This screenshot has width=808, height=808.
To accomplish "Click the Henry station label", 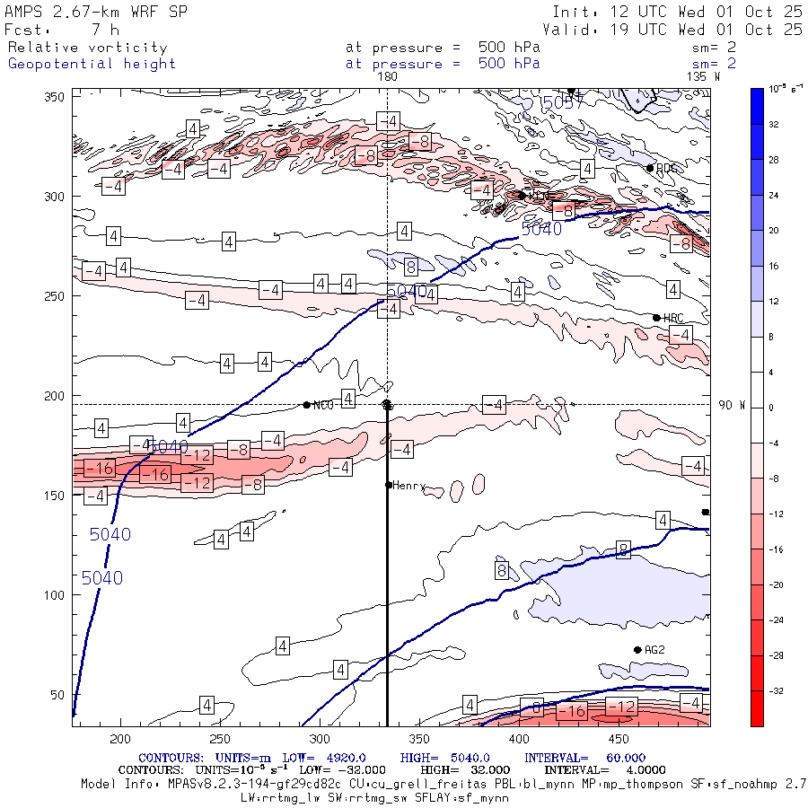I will pyautogui.click(x=408, y=486).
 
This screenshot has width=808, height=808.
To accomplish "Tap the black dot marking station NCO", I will pyautogui.click(x=307, y=405).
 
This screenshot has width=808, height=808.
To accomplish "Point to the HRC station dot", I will pyautogui.click(x=656, y=318).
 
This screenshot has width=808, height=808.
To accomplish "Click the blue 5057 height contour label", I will pyautogui.click(x=560, y=102).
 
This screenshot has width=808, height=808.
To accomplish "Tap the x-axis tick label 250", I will pyautogui.click(x=219, y=738).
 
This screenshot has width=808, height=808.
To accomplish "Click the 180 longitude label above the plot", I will pyautogui.click(x=387, y=77).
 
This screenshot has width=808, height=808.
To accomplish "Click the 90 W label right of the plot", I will pyautogui.click(x=732, y=405).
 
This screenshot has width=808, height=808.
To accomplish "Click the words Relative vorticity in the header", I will pyautogui.click(x=87, y=48).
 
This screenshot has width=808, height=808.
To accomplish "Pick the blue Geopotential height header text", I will pyautogui.click(x=92, y=64).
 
